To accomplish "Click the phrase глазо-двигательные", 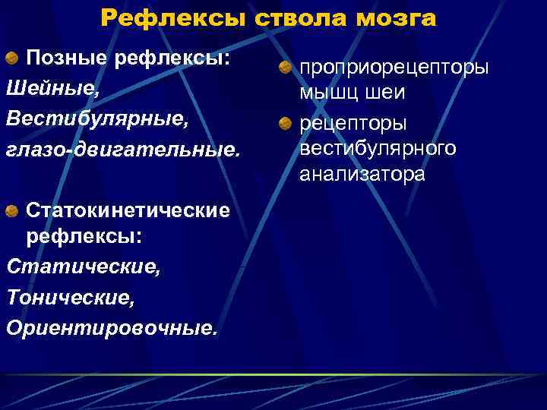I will click(122, 150).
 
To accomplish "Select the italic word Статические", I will click(83, 266).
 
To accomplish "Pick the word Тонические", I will click(71, 297).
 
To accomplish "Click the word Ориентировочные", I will click(111, 327).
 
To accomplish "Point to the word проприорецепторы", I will click(394, 68).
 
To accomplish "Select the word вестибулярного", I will click(378, 148).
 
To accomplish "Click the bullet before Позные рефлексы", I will click(14, 59).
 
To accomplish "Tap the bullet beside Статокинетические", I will click(14, 209).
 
